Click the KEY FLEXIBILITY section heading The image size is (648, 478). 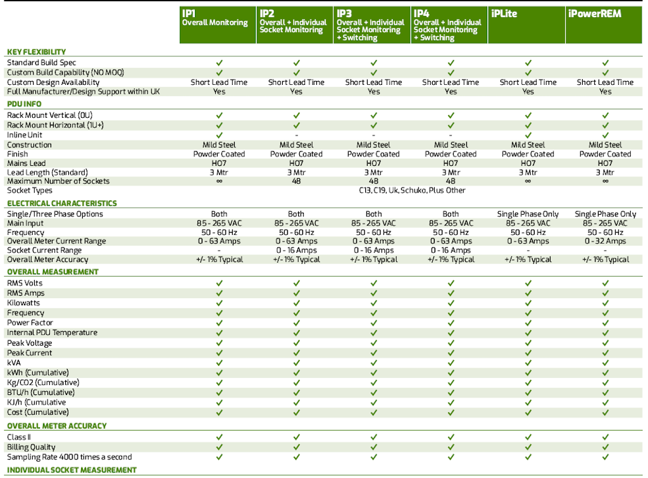tap(36, 52)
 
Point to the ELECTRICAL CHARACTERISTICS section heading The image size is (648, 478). tap(62, 203)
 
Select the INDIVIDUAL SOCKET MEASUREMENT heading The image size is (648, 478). tap(72, 470)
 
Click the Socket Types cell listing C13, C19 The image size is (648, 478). tap(412, 190)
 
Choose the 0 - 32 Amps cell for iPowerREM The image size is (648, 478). tap(605, 241)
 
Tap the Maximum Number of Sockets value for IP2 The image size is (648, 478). tap(296, 181)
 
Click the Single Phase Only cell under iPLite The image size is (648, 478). tap(528, 214)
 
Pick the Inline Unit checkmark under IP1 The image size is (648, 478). tap(219, 135)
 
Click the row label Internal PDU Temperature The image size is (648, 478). tap(52, 332)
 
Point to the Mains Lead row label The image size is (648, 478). tap(26, 163)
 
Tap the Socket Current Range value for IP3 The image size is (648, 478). tap(373, 250)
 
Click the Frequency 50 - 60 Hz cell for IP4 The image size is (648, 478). tap(451, 232)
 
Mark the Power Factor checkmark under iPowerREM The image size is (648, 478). tap(605, 323)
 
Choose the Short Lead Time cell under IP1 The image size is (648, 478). tap(219, 82)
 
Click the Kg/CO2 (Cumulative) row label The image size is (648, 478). tap(43, 382)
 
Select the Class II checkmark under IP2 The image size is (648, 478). tap(296, 437)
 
